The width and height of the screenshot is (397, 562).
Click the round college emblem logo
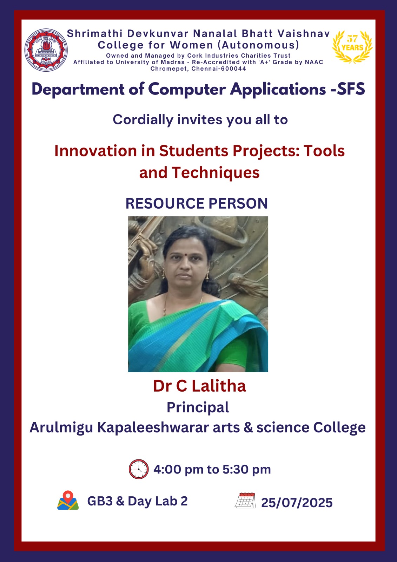[46, 50]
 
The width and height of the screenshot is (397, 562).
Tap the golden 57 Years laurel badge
[352, 47]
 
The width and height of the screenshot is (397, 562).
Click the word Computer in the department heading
[187, 89]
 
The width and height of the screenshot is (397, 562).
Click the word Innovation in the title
[95, 151]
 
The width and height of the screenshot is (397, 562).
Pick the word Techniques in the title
[216, 173]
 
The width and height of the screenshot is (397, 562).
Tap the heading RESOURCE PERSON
[197, 203]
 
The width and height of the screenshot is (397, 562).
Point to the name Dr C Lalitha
[199, 386]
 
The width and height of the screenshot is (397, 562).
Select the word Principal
[198, 407]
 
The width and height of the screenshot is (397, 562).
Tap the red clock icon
[138, 469]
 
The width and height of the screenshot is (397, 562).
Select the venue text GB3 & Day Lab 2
[138, 501]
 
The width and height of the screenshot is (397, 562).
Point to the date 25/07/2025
[297, 503]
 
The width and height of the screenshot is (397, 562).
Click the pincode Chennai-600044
[219, 69]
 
